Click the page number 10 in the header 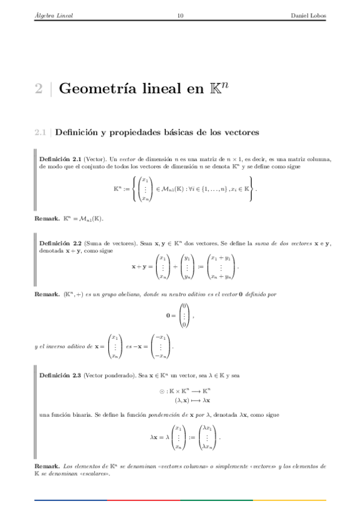click(180, 16)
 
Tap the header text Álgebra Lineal click(53, 16)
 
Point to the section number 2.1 click(40, 131)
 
